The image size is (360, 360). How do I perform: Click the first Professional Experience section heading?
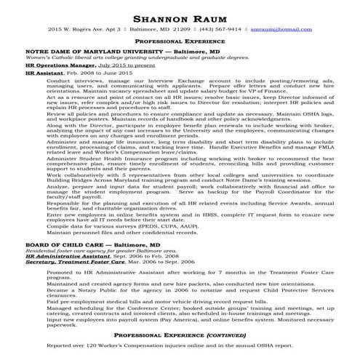[179, 43]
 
